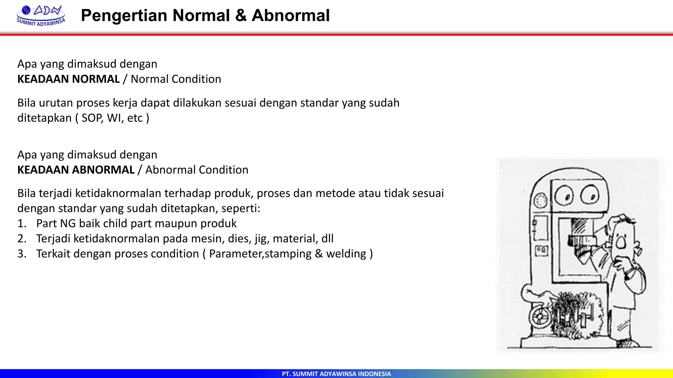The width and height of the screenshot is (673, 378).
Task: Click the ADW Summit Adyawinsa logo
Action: tap(41, 16)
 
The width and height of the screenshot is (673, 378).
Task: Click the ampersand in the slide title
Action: tap(241, 15)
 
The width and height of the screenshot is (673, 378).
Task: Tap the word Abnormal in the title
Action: tap(290, 15)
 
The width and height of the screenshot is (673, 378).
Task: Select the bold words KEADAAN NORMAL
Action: tap(68, 79)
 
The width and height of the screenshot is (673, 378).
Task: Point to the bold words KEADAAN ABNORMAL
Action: tap(76, 170)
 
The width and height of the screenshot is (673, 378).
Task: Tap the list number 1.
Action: tap(22, 224)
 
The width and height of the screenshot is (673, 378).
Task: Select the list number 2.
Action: tap(22, 239)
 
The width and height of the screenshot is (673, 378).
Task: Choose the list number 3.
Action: tap(22, 254)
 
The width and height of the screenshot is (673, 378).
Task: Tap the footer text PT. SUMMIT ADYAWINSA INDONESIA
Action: tap(336, 374)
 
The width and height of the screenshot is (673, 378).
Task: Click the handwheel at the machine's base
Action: tap(540, 317)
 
